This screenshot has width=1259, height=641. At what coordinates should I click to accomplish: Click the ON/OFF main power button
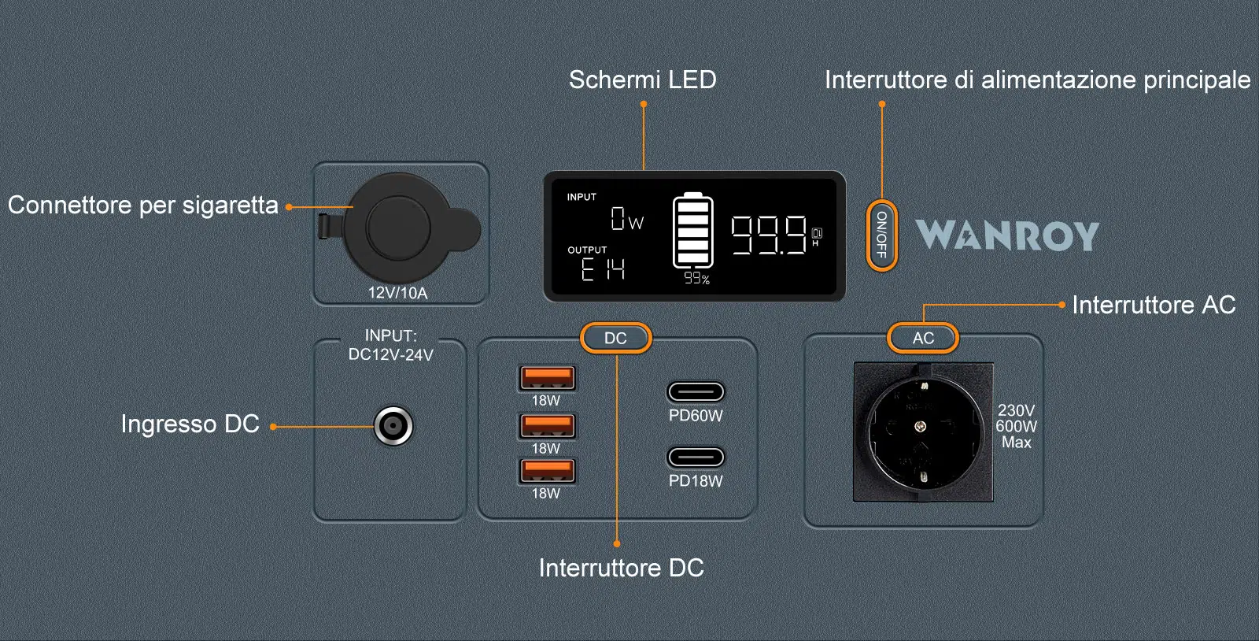coord(881,235)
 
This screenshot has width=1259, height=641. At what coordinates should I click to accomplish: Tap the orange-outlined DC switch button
coord(615,338)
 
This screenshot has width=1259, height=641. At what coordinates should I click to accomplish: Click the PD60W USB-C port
coord(696,392)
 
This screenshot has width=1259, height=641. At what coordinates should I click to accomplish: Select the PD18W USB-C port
coord(696,458)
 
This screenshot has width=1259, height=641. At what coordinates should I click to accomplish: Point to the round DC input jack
coord(393,426)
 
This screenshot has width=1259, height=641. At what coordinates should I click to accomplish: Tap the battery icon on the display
coord(693,231)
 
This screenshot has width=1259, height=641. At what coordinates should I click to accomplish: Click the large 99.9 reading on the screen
coord(769,235)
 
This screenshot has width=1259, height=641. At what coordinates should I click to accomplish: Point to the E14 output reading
coord(603,269)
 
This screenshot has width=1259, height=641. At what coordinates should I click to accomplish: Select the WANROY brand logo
coord(1007,235)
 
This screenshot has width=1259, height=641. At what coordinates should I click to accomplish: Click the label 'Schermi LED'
coord(642,80)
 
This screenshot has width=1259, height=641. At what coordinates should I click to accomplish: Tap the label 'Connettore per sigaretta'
coord(142,206)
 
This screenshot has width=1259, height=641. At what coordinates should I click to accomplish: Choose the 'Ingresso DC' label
coord(190,424)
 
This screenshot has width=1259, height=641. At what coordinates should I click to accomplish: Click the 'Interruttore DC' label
coord(621,568)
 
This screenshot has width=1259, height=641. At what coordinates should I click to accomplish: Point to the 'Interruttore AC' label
coord(1154,306)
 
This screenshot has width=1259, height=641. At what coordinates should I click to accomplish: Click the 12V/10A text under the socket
coord(397,293)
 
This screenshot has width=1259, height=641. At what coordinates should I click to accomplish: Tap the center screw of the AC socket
coord(920,427)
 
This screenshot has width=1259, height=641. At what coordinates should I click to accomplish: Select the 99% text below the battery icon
coord(696,279)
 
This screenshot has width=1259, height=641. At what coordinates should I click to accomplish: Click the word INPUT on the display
coord(582,198)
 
